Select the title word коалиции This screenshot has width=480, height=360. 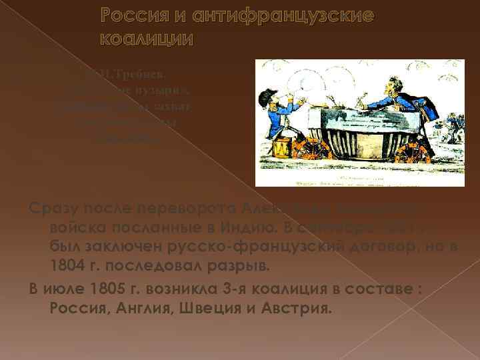click(147, 39)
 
